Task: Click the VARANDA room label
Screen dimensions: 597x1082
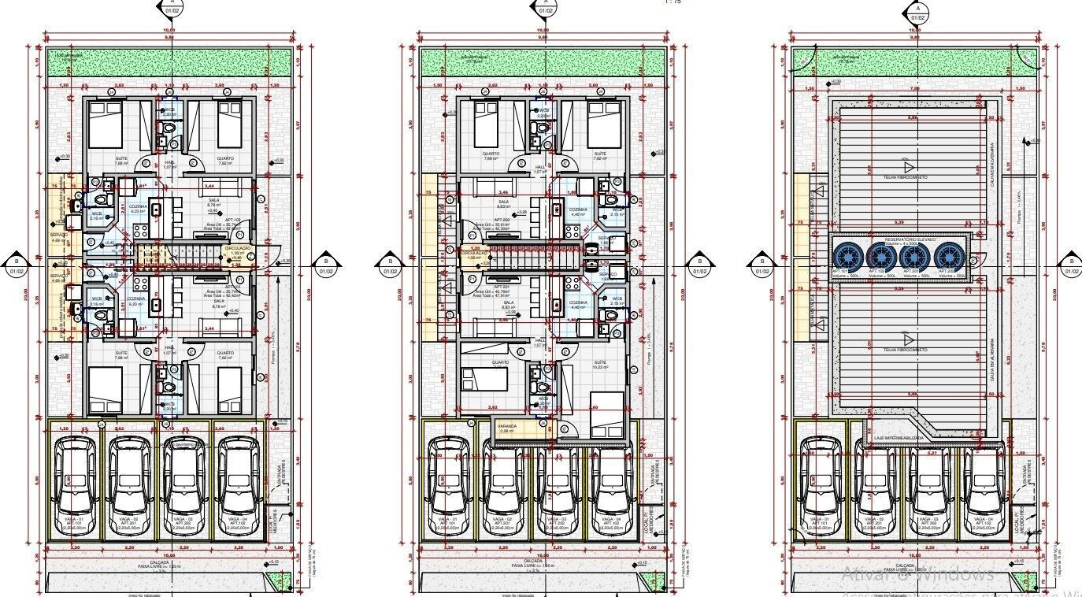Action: pyautogui.click(x=507, y=429)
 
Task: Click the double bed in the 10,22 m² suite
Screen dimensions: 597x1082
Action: pyautogui.click(x=604, y=413)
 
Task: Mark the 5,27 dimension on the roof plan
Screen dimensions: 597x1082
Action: pyautogui.click(x=932, y=454)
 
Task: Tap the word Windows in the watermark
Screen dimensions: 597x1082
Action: pyautogui.click(x=954, y=573)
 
